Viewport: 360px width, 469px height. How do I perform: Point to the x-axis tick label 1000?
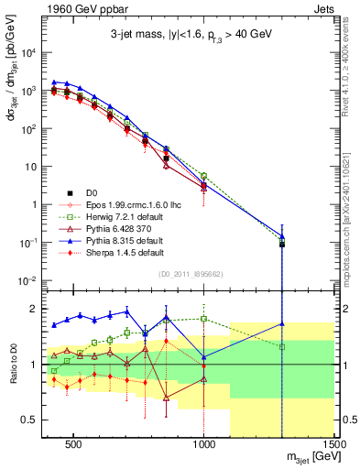204,442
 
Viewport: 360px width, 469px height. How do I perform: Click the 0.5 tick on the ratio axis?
29,419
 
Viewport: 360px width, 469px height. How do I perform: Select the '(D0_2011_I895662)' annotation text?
191,273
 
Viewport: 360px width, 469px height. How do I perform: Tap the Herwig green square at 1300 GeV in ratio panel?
282,347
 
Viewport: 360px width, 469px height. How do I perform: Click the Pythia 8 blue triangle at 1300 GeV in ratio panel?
282,323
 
